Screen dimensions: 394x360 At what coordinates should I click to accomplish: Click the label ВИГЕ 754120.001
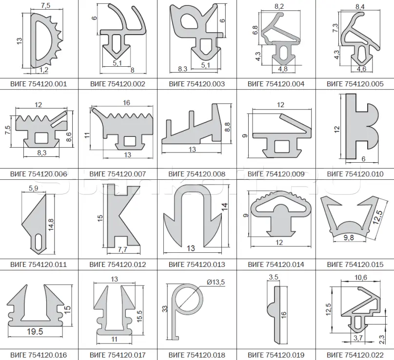click(x=39, y=84)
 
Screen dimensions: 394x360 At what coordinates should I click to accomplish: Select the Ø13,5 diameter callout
click(x=216, y=282)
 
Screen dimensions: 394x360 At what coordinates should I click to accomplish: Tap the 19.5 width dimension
click(x=35, y=331)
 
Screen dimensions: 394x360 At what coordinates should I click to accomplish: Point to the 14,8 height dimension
click(x=51, y=225)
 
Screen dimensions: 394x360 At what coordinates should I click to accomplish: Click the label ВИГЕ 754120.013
click(x=197, y=265)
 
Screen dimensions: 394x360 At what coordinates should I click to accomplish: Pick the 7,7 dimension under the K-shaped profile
click(x=122, y=249)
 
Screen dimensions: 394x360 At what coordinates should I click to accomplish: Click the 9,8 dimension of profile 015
click(x=349, y=237)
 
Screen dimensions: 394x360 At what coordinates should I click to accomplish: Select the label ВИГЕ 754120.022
click(x=355, y=355)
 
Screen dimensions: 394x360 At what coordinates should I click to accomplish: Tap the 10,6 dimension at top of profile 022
click(x=360, y=277)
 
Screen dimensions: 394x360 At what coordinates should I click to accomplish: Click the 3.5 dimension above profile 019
click(x=274, y=277)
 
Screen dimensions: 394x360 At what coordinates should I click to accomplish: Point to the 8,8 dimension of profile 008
click(x=227, y=127)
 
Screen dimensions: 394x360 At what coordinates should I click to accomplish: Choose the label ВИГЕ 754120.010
click(x=355, y=174)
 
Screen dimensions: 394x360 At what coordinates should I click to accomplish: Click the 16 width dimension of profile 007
click(x=126, y=102)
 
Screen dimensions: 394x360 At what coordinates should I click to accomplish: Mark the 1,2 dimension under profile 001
click(x=44, y=70)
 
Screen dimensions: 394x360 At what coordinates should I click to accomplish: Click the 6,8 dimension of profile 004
click(x=255, y=30)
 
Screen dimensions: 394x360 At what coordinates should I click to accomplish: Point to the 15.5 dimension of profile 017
click(x=140, y=316)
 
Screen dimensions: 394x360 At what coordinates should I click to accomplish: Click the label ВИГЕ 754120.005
click(x=355, y=84)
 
